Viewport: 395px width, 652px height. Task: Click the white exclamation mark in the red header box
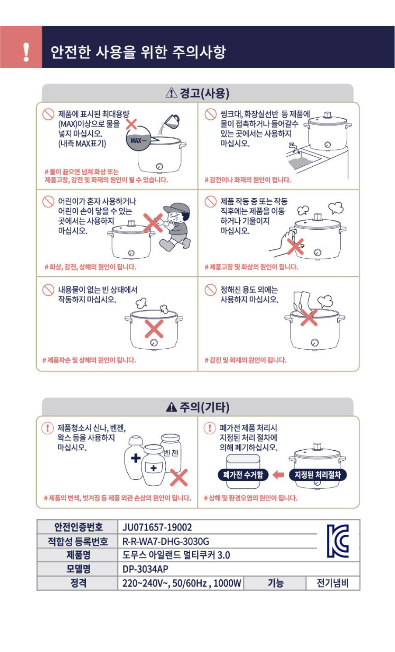26,52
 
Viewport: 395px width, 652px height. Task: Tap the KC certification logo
338,541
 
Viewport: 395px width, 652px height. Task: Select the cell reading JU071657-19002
157,527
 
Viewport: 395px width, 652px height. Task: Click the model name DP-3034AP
145,569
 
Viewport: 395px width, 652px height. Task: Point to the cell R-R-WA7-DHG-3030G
165,541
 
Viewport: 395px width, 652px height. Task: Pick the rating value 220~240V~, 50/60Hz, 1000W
182,583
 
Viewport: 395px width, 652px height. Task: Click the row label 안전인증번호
79,527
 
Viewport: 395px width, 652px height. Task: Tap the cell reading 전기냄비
332,583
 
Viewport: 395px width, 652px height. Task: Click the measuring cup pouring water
171,121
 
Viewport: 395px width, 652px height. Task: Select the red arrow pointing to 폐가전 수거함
278,475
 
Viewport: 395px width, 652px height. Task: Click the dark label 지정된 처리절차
317,475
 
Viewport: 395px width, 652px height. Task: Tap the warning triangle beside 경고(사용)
171,93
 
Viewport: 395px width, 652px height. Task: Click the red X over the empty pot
154,329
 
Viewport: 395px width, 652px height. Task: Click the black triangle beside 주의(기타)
171,407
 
